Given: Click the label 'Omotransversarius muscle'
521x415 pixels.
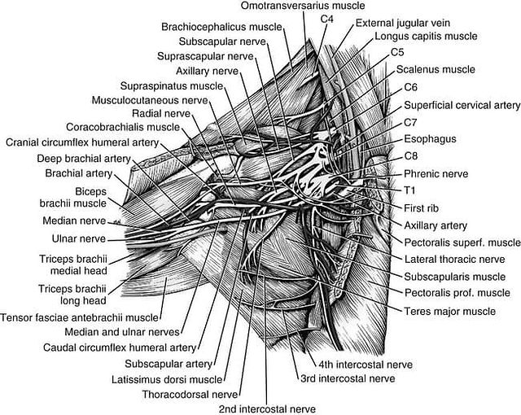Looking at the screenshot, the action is pos(303,6).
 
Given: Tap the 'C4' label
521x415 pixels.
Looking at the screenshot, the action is pos(326,20).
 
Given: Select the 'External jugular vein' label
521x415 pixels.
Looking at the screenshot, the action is pos(403,24).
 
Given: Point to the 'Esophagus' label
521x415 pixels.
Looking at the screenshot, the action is pos(430,139).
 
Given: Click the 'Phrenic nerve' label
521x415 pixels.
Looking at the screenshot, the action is pos(436,173).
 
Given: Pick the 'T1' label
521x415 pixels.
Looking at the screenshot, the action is pos(409,190).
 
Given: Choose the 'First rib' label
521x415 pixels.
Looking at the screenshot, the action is pos(422,208).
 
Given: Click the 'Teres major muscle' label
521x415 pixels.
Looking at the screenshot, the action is pos(450,312).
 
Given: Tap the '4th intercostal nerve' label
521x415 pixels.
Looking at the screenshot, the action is pos(366,365).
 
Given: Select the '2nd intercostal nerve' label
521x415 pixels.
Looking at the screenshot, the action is pos(267,409).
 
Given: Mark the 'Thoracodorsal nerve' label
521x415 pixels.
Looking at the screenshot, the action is pos(190,395).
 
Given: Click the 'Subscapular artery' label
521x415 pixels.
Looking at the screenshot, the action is pos(169,364).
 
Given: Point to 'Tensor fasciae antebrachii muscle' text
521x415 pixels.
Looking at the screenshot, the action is pos(80,317).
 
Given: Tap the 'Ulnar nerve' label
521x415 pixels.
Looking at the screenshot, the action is pos(79,238).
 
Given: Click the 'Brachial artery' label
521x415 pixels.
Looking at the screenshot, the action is pos(79,173).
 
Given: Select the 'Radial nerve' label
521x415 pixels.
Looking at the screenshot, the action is pos(161,114).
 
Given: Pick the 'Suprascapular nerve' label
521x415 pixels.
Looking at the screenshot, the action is pos(205,56).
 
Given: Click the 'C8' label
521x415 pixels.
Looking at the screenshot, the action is pos(411,156).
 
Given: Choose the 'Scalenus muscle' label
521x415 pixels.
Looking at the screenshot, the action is pos(436,69).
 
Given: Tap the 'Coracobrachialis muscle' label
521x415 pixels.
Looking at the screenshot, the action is pos(123,127).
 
